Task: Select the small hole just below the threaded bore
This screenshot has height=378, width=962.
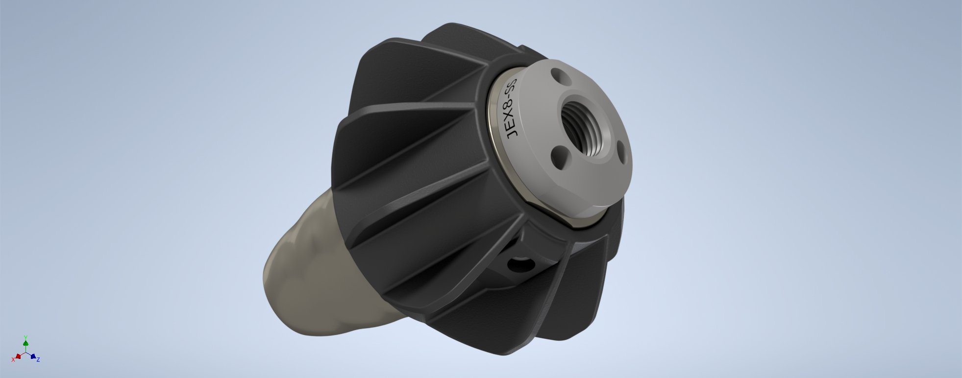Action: pos(559,158)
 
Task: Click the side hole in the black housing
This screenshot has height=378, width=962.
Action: pos(519,265)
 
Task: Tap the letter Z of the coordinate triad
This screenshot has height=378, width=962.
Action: pos(38,360)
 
